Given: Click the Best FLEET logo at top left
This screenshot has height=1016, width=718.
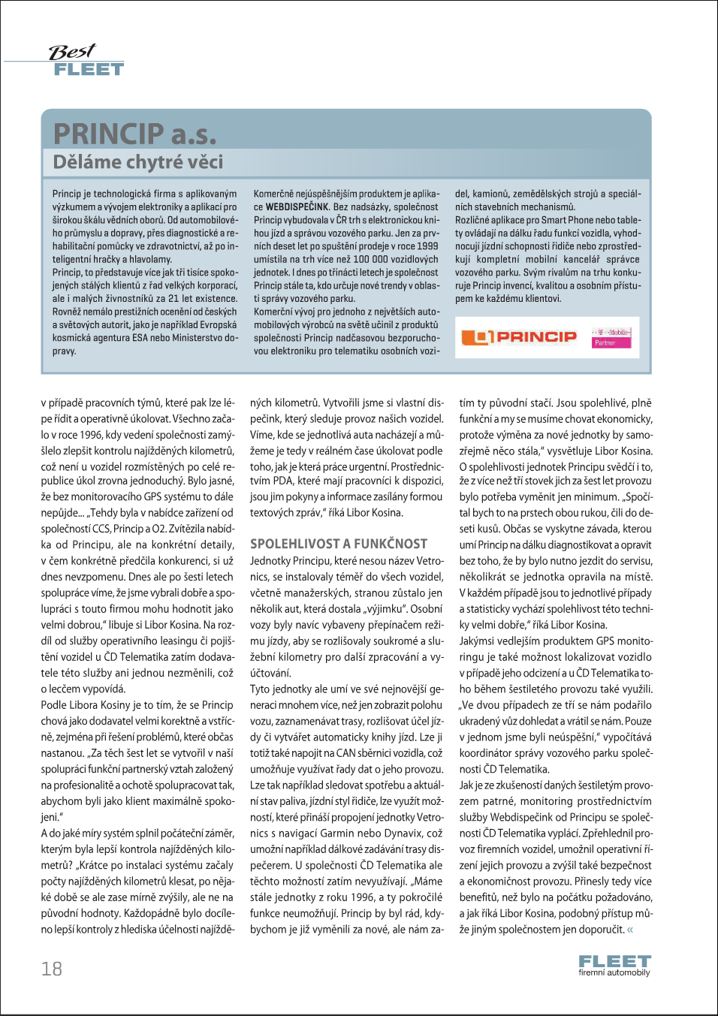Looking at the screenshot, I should (x=86, y=61).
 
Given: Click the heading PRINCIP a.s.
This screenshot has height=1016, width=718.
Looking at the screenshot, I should (x=135, y=134).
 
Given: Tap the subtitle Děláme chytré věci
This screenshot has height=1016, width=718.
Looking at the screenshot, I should (x=137, y=162).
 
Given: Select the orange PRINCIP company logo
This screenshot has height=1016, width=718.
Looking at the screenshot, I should (x=519, y=337).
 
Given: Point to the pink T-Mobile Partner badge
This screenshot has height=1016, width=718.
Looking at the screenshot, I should (x=610, y=337).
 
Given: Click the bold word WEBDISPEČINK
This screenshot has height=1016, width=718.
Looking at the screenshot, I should (x=297, y=207).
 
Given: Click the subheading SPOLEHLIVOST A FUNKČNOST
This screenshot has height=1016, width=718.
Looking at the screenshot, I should (x=339, y=544).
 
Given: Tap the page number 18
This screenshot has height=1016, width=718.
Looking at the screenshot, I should (x=52, y=969).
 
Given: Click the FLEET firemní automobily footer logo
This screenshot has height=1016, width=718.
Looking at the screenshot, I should (x=614, y=965).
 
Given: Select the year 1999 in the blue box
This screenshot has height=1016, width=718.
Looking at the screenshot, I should (x=427, y=246).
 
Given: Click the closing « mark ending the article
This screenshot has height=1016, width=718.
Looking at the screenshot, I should (x=630, y=930).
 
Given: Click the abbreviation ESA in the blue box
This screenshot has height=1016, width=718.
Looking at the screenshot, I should (x=140, y=338).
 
